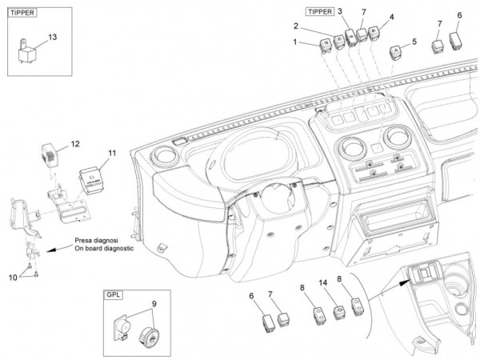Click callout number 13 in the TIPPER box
point(53,37)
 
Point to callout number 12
point(75,144)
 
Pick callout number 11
point(112,151)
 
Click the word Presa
point(89,239)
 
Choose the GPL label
point(112,294)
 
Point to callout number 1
point(295,42)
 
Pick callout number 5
point(414,41)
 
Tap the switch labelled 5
point(395,50)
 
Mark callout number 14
point(324,285)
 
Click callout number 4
point(391,17)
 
